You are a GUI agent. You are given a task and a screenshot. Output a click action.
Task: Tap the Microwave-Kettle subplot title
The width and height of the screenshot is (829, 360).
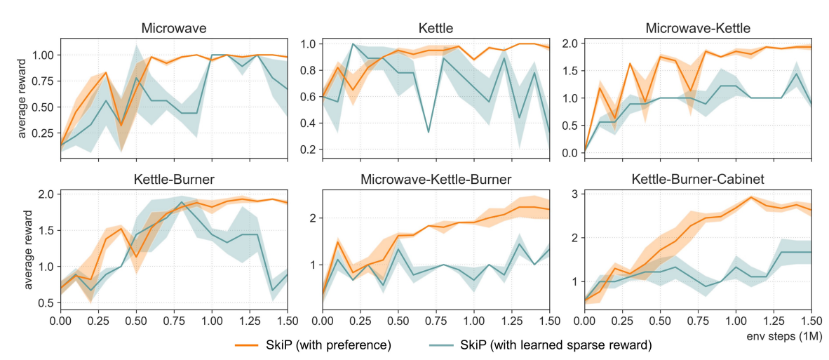697,29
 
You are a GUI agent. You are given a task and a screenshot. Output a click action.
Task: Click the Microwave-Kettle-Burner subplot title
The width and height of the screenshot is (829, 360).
436,180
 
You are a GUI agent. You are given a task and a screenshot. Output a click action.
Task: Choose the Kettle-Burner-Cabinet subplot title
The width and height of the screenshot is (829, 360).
697,180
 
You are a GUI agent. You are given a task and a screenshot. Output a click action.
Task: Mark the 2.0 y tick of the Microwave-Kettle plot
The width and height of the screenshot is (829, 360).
571,44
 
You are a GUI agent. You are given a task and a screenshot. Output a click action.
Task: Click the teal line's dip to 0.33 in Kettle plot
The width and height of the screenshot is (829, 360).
429,131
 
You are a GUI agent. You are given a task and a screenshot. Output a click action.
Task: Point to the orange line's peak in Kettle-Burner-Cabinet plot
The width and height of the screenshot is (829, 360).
751,197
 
